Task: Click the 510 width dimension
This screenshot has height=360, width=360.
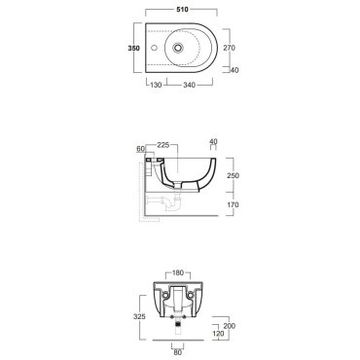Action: pos(183,10)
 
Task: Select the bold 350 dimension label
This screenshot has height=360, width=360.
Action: pos(133,49)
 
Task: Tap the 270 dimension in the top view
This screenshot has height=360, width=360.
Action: pos(229,48)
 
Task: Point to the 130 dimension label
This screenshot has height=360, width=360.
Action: pos(156,85)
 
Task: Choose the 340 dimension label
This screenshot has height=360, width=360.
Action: pos(189,85)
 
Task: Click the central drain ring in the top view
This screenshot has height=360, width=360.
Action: pos(178,48)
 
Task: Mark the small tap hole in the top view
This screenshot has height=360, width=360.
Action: pos(155,49)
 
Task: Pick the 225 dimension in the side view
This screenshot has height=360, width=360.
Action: pos(163,145)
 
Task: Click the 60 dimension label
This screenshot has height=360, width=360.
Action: pos(140,149)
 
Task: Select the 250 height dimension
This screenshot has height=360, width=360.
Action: pos(234,176)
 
